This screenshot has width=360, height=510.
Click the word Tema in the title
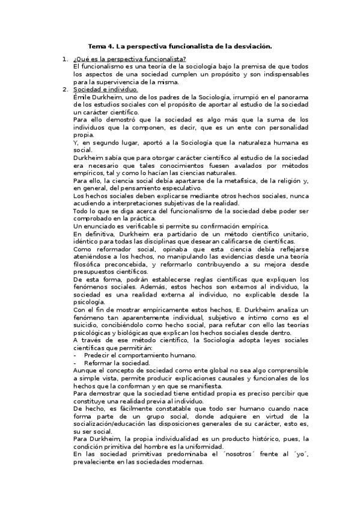(x=96, y=46)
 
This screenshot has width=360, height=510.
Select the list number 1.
(x=64, y=58)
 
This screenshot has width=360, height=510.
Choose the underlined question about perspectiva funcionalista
(x=129, y=58)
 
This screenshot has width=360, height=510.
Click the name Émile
(x=83, y=97)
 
